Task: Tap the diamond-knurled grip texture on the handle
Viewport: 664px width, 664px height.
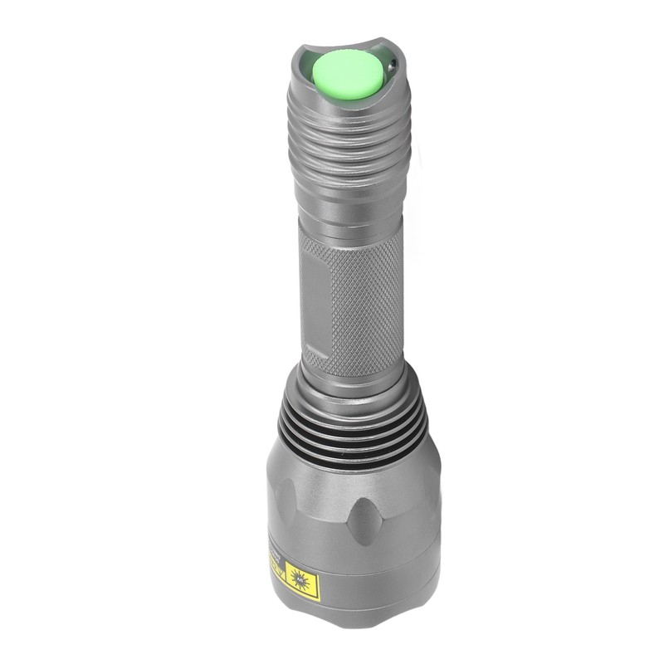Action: pyautogui.click(x=365, y=299)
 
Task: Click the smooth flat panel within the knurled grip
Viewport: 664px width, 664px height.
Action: pyautogui.click(x=314, y=303)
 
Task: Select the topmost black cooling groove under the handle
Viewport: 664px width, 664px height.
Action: pyautogui.click(x=353, y=405)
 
